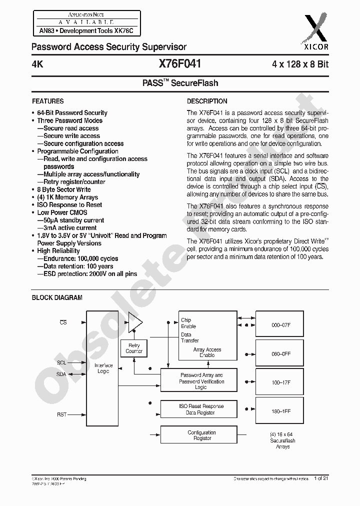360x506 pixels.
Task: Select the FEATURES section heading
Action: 48,101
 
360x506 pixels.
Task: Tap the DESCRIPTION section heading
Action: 207,101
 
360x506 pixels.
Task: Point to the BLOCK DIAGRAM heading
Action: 57,297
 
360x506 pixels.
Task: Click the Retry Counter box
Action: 134,348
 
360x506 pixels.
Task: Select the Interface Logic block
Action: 103,368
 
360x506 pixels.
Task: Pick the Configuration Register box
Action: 202,435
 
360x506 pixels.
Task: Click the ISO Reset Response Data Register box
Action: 202,409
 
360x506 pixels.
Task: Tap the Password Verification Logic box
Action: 202,381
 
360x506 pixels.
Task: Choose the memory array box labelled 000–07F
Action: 281,325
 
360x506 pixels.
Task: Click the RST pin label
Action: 62,414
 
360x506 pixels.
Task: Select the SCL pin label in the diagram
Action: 61,362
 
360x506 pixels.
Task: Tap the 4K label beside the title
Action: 37,64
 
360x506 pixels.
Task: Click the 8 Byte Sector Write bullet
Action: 63,189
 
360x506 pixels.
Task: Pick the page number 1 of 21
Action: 321,478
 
